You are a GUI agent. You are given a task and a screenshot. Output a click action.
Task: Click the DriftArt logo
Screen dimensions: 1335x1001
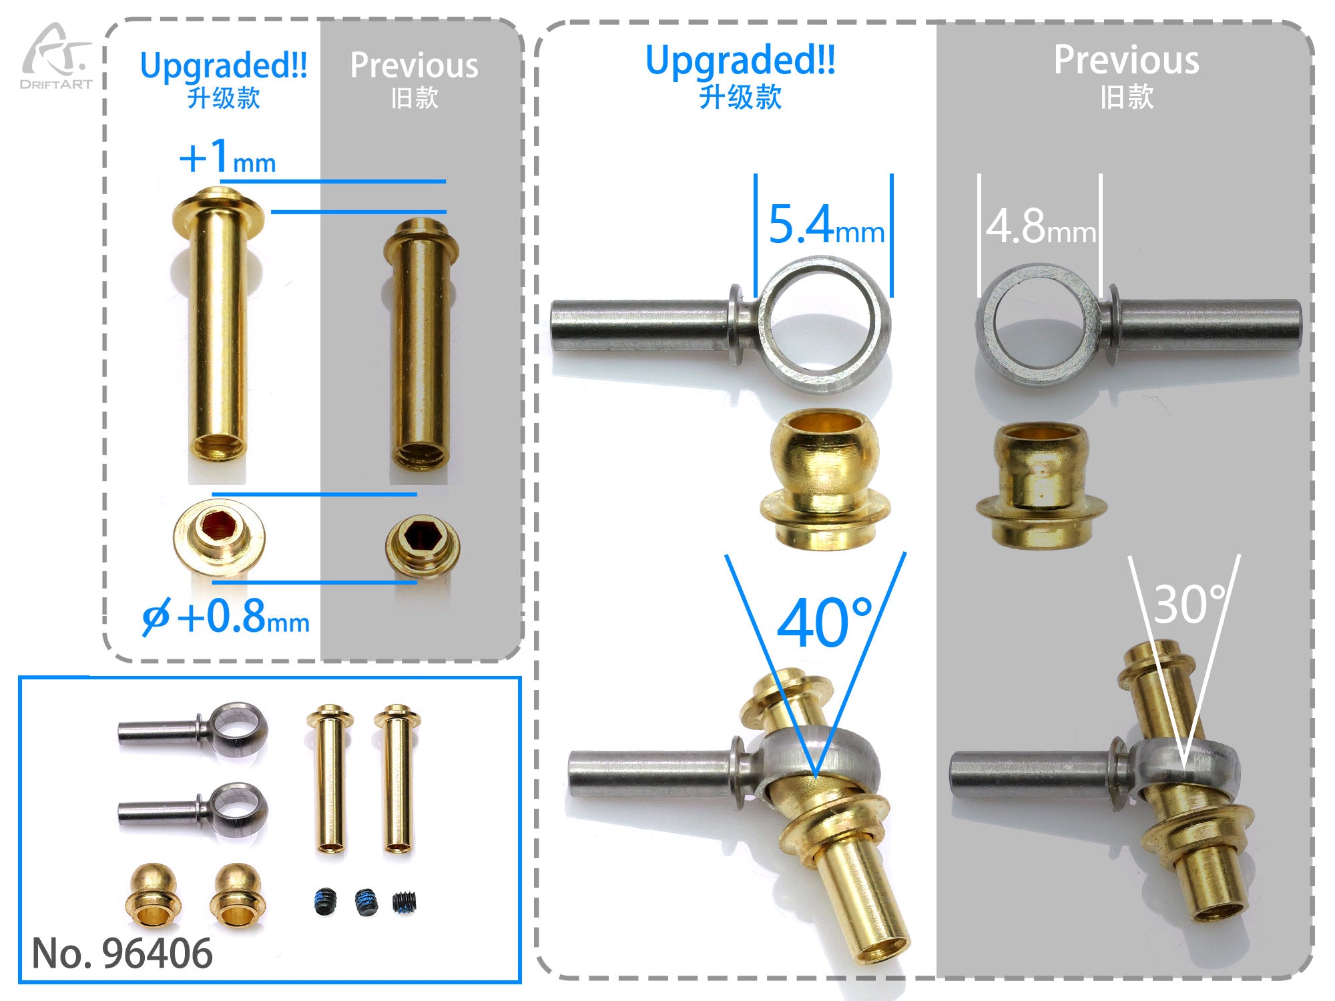tap(56, 56)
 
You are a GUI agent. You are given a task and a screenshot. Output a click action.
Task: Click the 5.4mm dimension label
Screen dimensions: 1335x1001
tap(826, 225)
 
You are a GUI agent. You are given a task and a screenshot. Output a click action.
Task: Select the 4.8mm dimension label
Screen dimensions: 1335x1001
tap(1041, 226)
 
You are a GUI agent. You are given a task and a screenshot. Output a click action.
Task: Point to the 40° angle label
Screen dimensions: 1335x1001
tap(825, 623)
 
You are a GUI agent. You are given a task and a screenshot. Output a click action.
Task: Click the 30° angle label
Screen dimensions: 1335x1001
tap(1190, 605)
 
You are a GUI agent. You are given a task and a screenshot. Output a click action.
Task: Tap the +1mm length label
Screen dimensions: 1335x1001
tap(228, 157)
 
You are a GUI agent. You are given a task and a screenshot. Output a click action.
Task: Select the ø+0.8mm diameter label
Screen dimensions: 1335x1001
tap(226, 617)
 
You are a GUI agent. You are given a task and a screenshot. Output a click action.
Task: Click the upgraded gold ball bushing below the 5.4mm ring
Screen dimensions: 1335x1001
tap(825, 479)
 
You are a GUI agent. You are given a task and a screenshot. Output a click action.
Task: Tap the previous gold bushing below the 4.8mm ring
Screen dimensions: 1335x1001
tap(1041, 484)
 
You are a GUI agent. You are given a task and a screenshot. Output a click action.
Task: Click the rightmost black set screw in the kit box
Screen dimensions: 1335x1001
tap(405, 902)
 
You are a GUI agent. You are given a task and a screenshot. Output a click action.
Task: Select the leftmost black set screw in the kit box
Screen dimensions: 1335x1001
tap(324, 902)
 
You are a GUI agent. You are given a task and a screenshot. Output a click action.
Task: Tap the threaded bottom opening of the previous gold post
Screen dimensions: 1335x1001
tap(419, 456)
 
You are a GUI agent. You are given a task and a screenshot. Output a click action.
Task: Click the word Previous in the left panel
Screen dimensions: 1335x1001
tap(415, 65)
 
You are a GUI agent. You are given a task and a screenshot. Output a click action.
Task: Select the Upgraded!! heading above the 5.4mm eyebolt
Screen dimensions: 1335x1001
tap(740, 60)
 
